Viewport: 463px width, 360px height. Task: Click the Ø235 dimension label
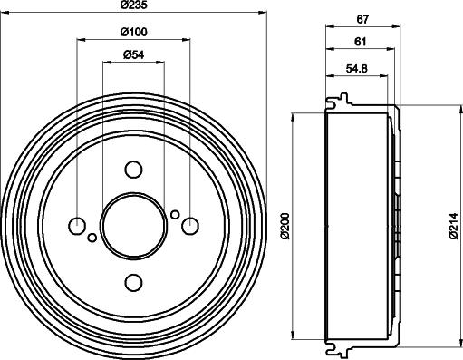click(x=133, y=5)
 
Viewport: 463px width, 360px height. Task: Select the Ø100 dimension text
click(x=133, y=32)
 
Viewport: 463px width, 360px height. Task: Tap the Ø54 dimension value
click(x=134, y=54)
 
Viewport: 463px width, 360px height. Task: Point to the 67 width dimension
click(x=362, y=19)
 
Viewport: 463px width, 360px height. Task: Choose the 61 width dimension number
click(x=361, y=42)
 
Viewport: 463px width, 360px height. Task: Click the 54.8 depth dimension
click(x=357, y=69)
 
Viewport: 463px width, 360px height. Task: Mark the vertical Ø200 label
click(x=285, y=226)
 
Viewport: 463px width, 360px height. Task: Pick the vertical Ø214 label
click(x=453, y=226)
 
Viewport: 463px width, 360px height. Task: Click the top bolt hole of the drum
click(x=133, y=170)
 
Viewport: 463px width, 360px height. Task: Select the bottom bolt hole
click(x=133, y=283)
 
